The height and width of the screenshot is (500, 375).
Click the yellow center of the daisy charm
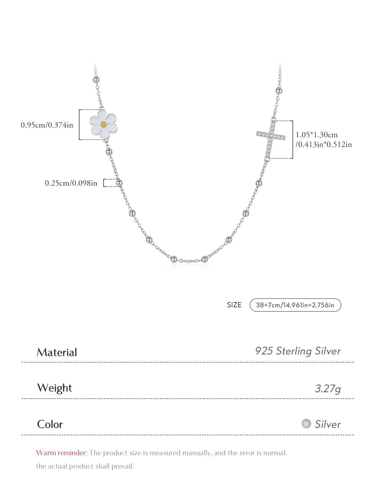tap(103, 124)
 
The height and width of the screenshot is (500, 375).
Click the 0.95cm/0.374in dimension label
tap(47, 125)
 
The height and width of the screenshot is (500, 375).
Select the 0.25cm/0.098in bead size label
tap(71, 183)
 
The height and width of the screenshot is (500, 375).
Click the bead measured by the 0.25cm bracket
tap(119, 183)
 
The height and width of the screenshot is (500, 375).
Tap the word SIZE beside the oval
tap(234, 305)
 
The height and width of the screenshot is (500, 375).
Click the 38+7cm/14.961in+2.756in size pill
tap(295, 305)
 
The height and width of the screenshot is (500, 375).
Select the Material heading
tap(57, 352)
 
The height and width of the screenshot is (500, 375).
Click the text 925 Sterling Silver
tap(297, 351)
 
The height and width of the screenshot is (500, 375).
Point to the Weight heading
tap(54, 388)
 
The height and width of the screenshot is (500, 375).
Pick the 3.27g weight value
tap(328, 388)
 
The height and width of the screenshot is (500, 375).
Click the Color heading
tap(50, 424)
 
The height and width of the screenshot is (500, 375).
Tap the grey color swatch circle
tap(306, 424)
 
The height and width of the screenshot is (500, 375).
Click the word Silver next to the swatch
tap(327, 424)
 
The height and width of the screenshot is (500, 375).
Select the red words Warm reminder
tap(62, 453)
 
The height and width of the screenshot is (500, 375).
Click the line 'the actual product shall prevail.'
tap(85, 466)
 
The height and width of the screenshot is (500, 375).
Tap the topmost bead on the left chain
tap(96, 80)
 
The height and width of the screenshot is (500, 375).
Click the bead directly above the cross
tap(279, 90)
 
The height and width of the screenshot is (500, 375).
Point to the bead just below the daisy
tap(109, 152)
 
